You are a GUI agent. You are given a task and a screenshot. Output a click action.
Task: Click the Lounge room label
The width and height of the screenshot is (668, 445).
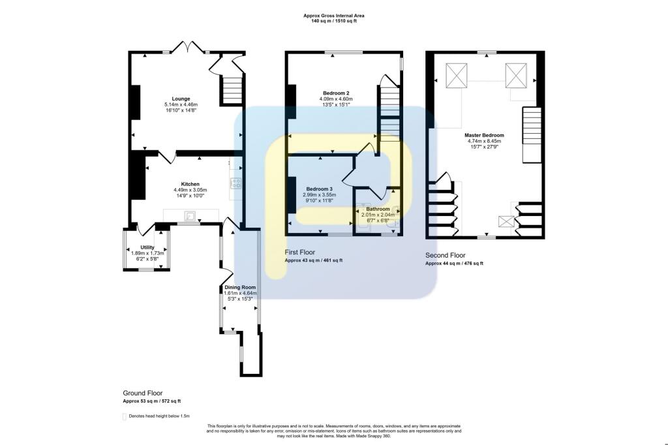181,99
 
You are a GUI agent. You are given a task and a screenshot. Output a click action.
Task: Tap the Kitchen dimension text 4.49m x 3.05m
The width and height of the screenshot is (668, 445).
181,189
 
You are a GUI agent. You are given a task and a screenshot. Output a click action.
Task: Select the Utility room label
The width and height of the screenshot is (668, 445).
147,247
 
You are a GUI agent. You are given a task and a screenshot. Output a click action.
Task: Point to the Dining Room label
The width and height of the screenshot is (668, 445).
240,287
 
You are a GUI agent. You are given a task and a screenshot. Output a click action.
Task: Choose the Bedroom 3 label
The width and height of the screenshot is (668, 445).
319,189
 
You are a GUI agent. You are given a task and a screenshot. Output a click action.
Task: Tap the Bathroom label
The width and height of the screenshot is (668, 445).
378,209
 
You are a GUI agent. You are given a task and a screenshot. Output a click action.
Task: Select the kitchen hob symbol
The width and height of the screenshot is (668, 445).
235,183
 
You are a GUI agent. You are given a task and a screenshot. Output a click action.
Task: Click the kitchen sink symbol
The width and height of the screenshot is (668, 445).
190,215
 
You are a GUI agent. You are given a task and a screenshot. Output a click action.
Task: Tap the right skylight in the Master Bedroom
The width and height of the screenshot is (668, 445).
515,75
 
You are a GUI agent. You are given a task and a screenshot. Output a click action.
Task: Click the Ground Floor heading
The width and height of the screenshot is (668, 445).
142,393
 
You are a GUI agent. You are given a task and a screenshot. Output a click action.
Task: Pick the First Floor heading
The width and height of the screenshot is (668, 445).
300,252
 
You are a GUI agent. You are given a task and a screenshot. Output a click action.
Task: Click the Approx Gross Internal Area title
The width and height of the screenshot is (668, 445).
333,16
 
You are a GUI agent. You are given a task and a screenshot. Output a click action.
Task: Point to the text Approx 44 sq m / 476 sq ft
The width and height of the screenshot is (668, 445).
454,264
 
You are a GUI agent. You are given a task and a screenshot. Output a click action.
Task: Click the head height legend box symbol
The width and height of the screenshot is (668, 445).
125,416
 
